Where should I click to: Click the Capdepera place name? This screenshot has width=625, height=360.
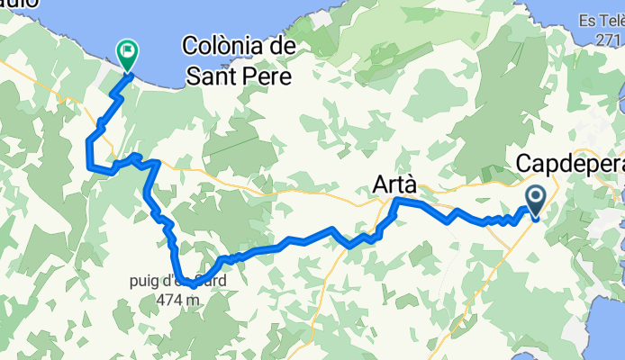[x=570, y=165]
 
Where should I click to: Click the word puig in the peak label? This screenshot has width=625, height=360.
[x=144, y=279]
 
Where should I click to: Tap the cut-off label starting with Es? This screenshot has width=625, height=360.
[x=601, y=21]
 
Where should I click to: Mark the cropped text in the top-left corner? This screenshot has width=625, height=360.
[x=18, y=4]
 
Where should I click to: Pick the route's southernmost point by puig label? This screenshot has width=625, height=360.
[x=191, y=286]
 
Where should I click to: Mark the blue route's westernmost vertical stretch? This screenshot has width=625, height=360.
[x=88, y=152]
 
